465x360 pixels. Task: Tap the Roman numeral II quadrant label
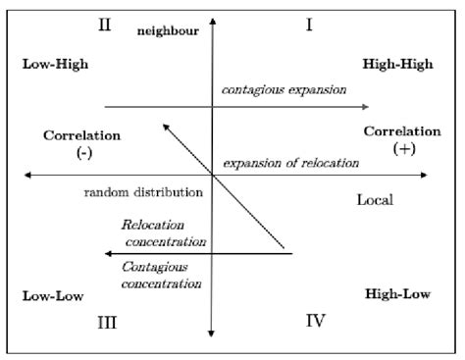pyautogui.click(x=105, y=26)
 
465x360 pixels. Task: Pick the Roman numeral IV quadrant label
pyautogui.click(x=315, y=321)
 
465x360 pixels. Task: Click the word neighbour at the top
pyautogui.click(x=169, y=31)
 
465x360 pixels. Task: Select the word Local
pyautogui.click(x=374, y=200)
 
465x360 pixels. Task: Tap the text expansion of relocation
pyautogui.click(x=290, y=162)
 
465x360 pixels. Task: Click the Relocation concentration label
pyautogui.click(x=163, y=233)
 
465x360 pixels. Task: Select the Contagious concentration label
pyautogui.click(x=162, y=275)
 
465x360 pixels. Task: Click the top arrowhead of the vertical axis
pyautogui.click(x=211, y=22)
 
